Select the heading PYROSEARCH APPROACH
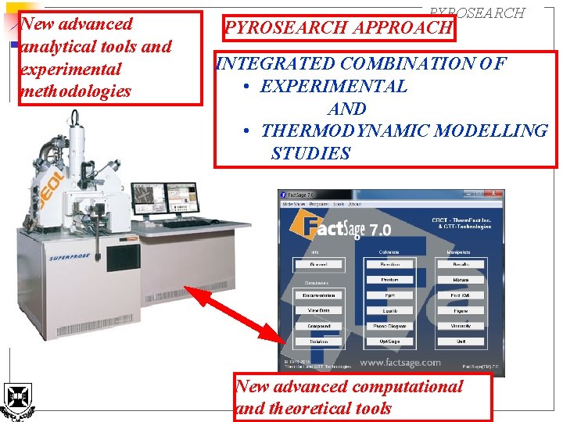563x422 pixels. (x=339, y=28)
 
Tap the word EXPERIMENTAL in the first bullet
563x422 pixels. (x=333, y=86)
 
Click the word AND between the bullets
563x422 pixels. (x=347, y=109)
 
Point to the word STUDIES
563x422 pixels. (x=310, y=153)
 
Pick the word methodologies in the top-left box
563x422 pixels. (x=76, y=91)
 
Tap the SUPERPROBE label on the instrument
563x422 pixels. (x=68, y=257)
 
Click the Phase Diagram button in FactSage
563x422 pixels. (x=389, y=326)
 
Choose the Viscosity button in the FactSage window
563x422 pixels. (x=460, y=326)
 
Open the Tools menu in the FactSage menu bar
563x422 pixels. (x=338, y=204)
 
